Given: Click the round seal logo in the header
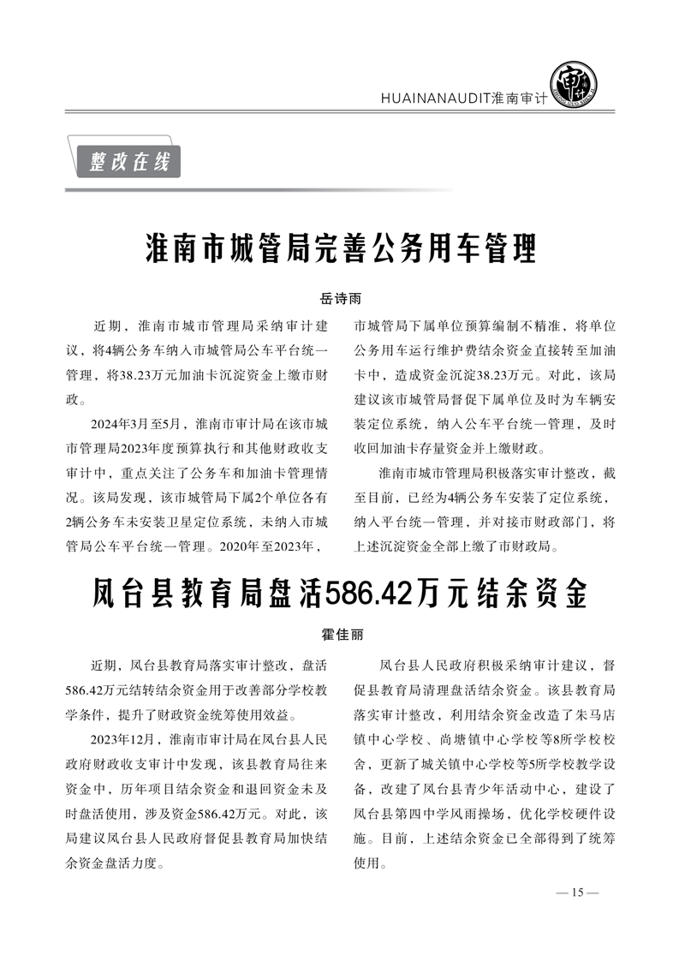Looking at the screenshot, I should (x=573, y=83).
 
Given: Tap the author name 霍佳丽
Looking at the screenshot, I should (x=341, y=636).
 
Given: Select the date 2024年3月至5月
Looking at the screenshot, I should (x=140, y=423).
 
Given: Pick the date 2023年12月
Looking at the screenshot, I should (x=122, y=737).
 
